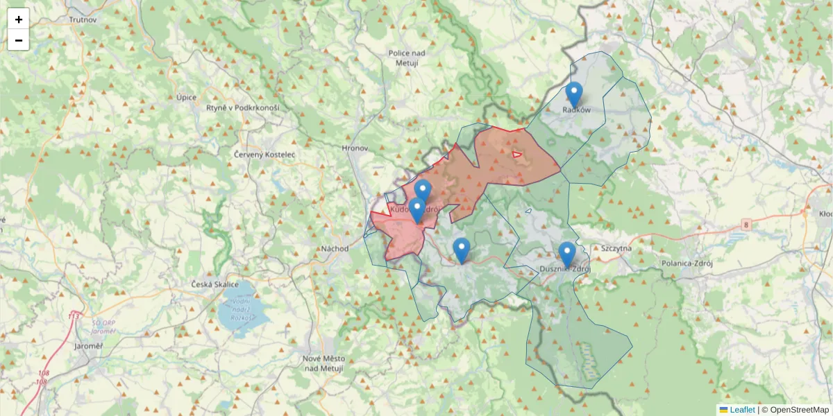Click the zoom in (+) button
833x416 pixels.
19,19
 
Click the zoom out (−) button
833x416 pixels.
19,40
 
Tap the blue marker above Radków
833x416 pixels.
573,94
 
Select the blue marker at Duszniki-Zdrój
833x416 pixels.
567,254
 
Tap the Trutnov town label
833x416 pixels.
83,19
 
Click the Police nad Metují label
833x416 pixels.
407,58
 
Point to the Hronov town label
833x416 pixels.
355,148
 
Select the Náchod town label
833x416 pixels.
335,248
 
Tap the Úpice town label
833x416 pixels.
186,98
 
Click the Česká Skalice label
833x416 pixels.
215,285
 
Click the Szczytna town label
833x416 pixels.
616,248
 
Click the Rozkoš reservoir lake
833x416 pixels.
243,312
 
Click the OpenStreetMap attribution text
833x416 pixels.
799,410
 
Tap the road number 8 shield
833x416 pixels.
746,224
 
